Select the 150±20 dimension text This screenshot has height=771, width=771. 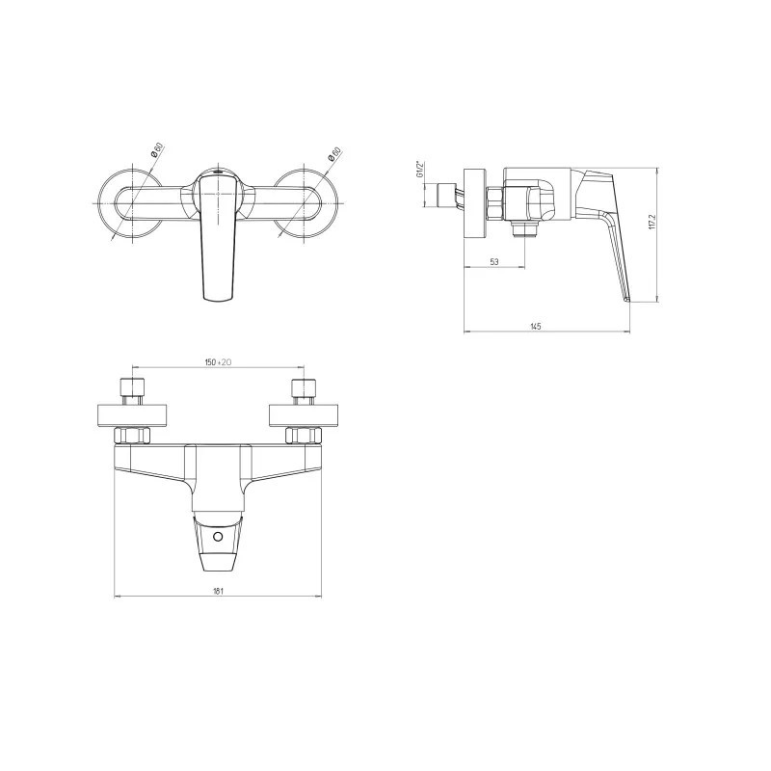click(x=218, y=362)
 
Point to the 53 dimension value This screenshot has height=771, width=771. click(x=494, y=261)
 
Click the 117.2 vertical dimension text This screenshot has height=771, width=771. click(x=651, y=221)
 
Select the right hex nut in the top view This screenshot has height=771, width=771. click(x=304, y=436)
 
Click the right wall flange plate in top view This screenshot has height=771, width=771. click(x=305, y=415)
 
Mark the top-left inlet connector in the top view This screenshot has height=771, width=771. click(x=132, y=391)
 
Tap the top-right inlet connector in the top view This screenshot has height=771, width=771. click(x=305, y=391)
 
